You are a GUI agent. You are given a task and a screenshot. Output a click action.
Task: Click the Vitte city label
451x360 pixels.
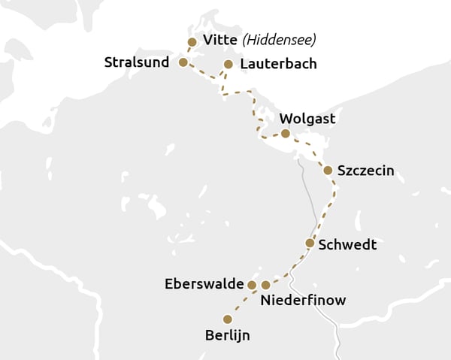pyautogui.click(x=219, y=40)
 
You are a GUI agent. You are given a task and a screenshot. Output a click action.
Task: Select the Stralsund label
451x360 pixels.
pyautogui.click(x=135, y=62)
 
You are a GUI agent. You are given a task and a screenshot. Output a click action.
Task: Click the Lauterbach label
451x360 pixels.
pyautogui.click(x=278, y=64)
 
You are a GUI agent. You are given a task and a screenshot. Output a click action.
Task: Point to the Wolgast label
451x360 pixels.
pyautogui.click(x=307, y=119)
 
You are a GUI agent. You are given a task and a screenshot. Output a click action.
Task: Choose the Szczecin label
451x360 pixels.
pyautogui.click(x=365, y=171)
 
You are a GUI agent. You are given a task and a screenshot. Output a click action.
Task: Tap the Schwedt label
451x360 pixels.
pyautogui.click(x=347, y=245)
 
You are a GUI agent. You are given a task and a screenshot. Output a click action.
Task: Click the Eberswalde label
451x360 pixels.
pyautogui.click(x=204, y=284)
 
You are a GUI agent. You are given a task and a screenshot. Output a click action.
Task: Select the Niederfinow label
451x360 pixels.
pyautogui.click(x=303, y=301)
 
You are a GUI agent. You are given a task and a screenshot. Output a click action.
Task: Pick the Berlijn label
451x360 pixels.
pyautogui.click(x=227, y=335)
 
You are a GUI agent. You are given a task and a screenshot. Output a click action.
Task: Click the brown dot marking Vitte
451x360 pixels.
pyautogui.click(x=192, y=42)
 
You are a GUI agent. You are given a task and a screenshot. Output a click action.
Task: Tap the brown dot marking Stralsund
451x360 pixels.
pyautogui.click(x=183, y=62)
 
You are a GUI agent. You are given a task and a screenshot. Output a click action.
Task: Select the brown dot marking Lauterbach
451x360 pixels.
pyautogui.click(x=229, y=65)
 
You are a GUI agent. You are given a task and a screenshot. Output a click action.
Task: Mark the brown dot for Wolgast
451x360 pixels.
pyautogui.click(x=285, y=134)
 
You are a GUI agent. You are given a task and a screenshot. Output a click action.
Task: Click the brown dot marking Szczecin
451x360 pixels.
pyautogui.click(x=328, y=171)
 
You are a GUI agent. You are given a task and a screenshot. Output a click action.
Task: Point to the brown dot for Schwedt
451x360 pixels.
pyautogui.click(x=310, y=243)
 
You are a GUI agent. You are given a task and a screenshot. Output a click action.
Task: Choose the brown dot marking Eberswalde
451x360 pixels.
pyautogui.click(x=252, y=285)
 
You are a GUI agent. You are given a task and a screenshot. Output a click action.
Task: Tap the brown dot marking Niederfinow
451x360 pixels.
pyautogui.click(x=265, y=285)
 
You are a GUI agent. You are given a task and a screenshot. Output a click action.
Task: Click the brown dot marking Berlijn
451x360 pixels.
pyautogui.click(x=227, y=319)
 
